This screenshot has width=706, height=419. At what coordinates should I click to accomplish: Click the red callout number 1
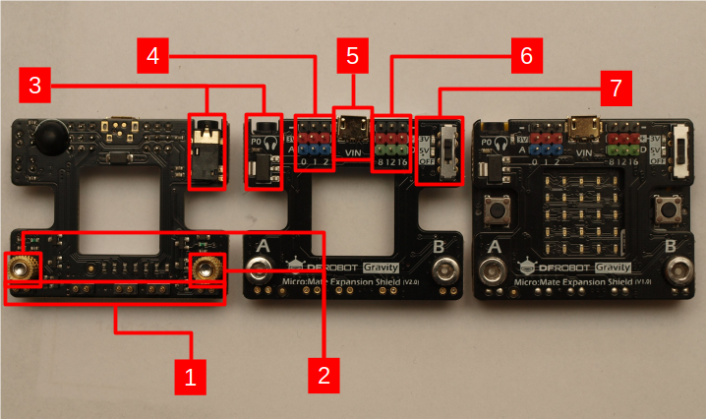click(x=190, y=375)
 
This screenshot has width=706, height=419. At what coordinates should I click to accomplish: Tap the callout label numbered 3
click(x=35, y=87)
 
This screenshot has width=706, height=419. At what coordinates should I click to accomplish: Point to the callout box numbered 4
click(x=152, y=55)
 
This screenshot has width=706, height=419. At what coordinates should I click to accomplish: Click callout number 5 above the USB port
click(x=353, y=55)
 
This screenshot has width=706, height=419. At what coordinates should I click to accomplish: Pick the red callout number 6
click(x=526, y=55)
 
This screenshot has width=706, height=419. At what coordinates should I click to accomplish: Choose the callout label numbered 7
click(x=616, y=87)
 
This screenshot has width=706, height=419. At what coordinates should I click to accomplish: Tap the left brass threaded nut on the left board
click(x=22, y=267)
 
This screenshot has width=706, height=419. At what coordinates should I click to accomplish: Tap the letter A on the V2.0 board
click(x=262, y=245)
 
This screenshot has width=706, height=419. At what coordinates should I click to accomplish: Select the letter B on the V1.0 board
click(x=671, y=246)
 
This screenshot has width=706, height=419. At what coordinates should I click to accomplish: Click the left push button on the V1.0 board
click(x=496, y=209)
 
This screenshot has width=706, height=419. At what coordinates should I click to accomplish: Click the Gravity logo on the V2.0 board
click(x=380, y=267)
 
